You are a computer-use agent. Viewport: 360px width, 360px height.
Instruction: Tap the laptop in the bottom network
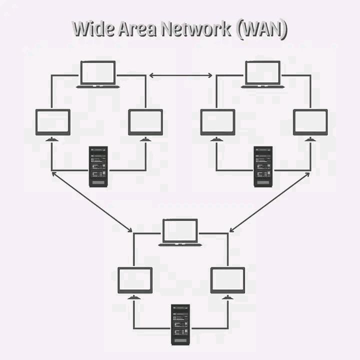(180, 232)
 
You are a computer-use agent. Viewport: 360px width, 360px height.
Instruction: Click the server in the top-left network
(98, 166)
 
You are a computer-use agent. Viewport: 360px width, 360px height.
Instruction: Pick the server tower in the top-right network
(263, 166)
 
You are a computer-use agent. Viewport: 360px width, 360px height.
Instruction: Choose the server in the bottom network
(180, 324)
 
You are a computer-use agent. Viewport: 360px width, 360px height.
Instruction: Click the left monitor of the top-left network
(52, 122)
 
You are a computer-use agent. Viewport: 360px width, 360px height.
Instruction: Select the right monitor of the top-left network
(145, 122)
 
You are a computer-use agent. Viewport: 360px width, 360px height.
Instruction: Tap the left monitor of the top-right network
(217, 122)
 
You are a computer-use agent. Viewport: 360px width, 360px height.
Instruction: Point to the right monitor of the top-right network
(310, 122)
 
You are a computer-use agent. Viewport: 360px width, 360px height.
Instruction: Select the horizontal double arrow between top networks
(181, 75)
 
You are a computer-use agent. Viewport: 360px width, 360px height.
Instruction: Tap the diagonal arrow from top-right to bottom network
(270, 202)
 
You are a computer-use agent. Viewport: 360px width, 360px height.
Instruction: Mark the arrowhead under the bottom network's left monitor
(134, 298)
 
